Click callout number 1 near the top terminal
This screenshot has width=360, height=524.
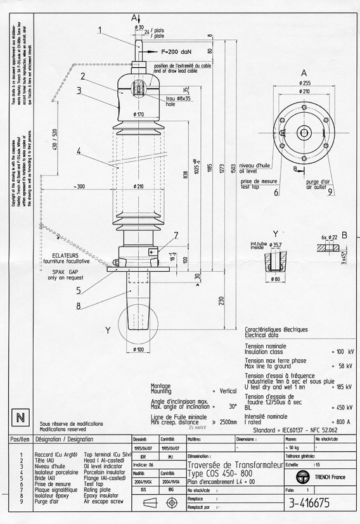(100, 29)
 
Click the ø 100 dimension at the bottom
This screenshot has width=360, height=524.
(139, 348)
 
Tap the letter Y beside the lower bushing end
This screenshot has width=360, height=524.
(108, 329)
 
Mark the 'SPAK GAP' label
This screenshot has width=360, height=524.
(63, 271)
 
